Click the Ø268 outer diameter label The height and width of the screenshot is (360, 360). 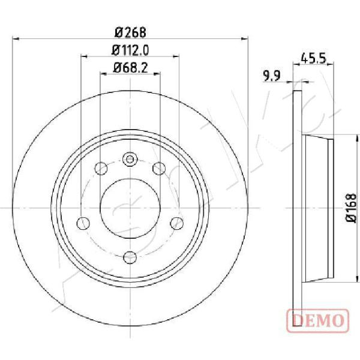tap(130, 32)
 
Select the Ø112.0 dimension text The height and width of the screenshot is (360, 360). tap(130, 50)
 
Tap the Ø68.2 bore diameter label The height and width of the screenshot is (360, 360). tap(130, 68)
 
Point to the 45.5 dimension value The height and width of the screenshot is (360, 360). tap(313, 59)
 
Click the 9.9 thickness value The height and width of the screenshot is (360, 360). tap(272, 76)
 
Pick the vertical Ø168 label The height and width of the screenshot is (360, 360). tap(351, 208)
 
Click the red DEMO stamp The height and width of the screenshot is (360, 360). tap(318, 321)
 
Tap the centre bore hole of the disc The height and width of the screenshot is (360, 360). tap(130, 208)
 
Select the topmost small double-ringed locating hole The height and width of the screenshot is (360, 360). tap(130, 159)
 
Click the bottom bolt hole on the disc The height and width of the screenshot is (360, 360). tap(130, 257)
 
